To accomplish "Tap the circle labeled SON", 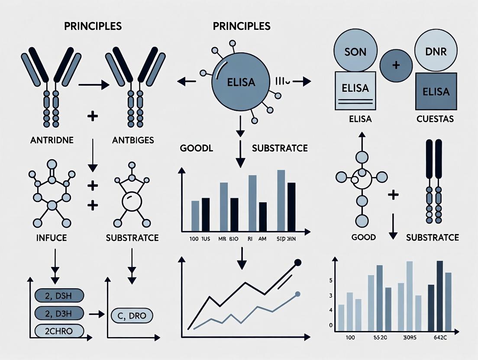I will point(355,52).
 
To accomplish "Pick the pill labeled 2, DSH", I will point(58,296).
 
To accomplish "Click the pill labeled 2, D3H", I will point(58,313).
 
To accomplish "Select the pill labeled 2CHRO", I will point(58,330).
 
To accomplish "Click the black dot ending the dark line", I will point(297,262).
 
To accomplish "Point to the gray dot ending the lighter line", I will point(297,294).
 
